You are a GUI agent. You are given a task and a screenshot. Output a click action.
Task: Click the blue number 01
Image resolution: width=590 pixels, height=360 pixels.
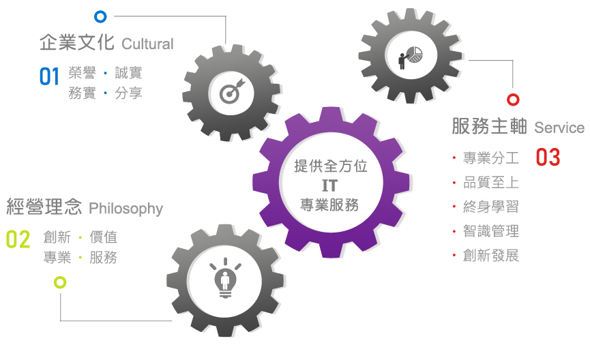pos(49,76)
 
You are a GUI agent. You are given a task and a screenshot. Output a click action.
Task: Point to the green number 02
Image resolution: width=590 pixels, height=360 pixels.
pos(18,239)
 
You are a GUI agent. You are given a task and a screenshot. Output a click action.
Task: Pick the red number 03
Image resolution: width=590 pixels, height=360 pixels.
pos(548,157)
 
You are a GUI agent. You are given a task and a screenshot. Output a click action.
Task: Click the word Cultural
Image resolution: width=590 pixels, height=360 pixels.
pos(147,44)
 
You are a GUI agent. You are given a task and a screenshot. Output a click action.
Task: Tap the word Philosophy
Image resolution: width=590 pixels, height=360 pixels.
pos(126,209)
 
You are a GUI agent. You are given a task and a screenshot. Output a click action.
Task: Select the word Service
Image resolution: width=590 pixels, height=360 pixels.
pos(559,128)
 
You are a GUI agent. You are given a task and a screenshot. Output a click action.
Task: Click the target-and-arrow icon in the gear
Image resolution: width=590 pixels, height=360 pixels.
pos(232,91)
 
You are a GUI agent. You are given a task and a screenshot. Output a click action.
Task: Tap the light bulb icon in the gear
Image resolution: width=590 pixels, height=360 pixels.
pos(225,278)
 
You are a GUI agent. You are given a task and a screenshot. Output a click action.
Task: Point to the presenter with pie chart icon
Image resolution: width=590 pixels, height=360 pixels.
pos(411,57)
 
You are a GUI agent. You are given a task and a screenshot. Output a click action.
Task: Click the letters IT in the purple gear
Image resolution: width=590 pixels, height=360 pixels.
pos(329,185)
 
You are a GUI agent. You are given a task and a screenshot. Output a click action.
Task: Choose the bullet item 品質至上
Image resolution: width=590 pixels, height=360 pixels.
pos(490,183)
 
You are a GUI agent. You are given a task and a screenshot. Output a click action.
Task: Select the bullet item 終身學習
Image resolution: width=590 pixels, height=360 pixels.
pos(490,207)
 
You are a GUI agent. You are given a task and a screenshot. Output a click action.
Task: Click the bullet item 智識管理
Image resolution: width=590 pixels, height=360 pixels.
pos(490,231)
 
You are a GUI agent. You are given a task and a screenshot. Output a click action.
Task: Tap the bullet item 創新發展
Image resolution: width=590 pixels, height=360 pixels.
pos(490,256)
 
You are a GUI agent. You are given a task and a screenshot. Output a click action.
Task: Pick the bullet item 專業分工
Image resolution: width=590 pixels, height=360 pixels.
pos(490,158)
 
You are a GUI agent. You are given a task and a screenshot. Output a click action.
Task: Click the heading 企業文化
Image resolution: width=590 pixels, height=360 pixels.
pos(77,42)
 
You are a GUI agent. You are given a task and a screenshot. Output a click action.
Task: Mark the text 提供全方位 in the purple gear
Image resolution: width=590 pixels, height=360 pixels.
pos(330,166)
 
